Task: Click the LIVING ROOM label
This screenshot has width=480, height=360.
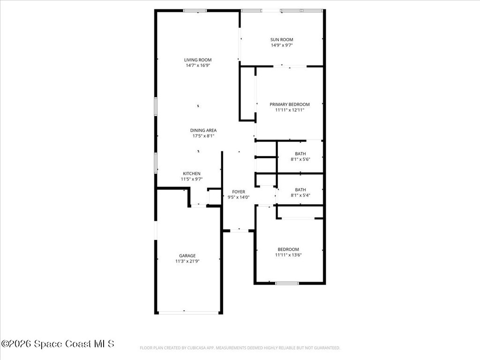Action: (197, 60)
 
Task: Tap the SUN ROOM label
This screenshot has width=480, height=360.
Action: (282, 39)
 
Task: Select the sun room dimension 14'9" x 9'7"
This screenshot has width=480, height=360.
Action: (282, 45)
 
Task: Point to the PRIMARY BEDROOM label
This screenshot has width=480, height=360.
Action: (289, 104)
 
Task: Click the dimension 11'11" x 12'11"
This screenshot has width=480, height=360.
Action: (289, 110)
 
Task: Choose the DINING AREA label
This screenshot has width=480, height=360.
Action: (203, 130)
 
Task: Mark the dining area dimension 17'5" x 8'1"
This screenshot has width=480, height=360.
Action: (203, 136)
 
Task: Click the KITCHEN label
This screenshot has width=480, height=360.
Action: (191, 173)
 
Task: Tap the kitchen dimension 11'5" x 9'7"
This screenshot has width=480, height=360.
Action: (191, 179)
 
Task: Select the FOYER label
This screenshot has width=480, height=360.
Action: (239, 192)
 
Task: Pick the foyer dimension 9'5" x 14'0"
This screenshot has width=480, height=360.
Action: (239, 197)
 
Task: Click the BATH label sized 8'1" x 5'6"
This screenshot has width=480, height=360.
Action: (300, 154)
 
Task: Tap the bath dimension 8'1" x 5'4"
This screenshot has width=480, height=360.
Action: (300, 195)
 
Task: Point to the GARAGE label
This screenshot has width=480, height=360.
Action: (187, 255)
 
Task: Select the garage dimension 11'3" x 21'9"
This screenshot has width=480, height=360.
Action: (187, 261)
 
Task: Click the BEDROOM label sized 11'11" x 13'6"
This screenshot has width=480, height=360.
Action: (288, 249)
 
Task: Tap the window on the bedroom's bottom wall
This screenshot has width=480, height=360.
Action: (287, 283)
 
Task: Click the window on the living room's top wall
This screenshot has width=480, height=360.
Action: (195, 10)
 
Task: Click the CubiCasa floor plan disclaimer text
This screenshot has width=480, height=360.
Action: (240, 348)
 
